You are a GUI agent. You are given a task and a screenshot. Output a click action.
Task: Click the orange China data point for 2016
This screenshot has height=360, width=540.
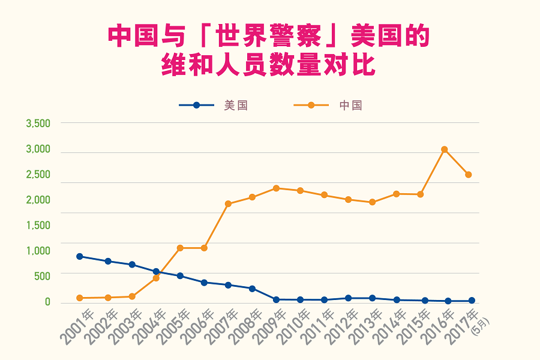coord(444,149)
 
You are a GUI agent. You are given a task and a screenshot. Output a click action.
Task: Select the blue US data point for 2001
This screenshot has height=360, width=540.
coord(80,256)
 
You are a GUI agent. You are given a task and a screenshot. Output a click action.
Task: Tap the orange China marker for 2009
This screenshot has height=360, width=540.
coord(276,188)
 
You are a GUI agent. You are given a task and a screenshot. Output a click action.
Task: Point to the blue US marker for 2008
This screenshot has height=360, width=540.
coord(252,289)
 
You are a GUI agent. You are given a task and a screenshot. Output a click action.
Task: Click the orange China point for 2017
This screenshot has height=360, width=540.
coord(469,175)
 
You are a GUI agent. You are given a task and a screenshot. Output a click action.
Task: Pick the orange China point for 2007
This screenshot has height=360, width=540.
coord(228,204)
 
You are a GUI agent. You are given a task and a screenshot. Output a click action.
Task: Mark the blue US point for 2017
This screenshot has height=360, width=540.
coord(472,301)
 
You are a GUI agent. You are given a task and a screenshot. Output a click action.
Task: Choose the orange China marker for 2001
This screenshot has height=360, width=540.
coord(80,298)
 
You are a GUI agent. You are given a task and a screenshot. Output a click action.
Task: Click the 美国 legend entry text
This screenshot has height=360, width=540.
coord(236,106)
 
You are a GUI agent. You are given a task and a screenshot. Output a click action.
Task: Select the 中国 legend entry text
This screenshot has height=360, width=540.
coord(351,106)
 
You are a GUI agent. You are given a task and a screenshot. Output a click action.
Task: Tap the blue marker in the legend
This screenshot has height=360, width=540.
coord(196,105)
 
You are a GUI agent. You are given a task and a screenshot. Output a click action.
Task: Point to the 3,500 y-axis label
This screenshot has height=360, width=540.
coord(38,124)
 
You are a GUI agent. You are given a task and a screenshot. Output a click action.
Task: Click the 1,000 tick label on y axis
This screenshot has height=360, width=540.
coord(38,251)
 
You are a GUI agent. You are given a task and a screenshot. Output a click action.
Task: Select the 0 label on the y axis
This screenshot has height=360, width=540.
coord(47,302)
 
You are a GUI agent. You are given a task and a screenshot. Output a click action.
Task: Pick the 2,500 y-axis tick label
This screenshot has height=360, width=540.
coord(38,175)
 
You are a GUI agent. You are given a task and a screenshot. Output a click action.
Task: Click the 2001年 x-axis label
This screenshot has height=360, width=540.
coord(77,326)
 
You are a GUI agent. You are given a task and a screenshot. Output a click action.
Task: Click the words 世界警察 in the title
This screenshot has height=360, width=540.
coord(269,36)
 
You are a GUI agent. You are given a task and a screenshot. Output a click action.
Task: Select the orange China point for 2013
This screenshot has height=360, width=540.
coord(372,202)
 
